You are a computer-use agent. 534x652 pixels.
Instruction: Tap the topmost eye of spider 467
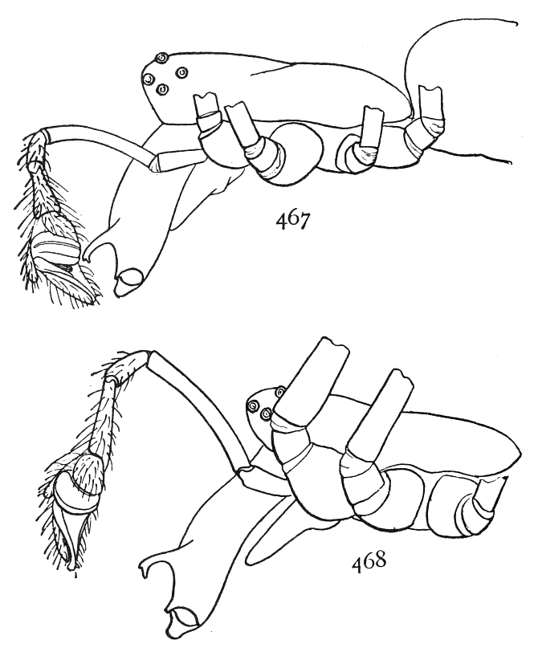pyautogui.click(x=161, y=58)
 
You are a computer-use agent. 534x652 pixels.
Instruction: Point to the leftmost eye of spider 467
pyautogui.click(x=149, y=78)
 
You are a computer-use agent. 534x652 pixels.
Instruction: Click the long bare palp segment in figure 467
pyautogui.click(x=100, y=141)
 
